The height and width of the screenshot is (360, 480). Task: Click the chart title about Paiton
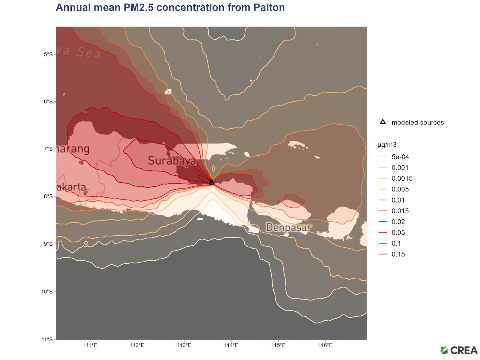(x=170, y=7)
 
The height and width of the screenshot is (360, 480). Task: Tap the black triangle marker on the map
(x=211, y=182)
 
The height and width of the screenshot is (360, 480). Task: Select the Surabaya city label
(x=172, y=161)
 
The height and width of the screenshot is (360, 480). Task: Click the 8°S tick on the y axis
(x=48, y=196)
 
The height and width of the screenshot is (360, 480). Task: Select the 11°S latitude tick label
(x=47, y=339)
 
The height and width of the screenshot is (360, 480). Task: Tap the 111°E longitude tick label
(x=90, y=345)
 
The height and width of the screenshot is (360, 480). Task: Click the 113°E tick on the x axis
(x=184, y=345)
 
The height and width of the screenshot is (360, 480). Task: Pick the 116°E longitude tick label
(x=325, y=345)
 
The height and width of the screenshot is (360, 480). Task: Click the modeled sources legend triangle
(x=383, y=122)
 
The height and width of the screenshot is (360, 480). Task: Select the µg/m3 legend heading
(x=387, y=145)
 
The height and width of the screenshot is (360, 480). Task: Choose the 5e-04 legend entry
(x=400, y=157)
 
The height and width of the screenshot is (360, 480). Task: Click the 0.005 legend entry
(x=400, y=189)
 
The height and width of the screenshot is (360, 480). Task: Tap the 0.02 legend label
(x=398, y=222)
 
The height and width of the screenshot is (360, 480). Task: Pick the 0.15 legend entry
(x=398, y=254)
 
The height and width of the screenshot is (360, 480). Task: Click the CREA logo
(x=459, y=350)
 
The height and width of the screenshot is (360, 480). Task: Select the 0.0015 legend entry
(x=402, y=178)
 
